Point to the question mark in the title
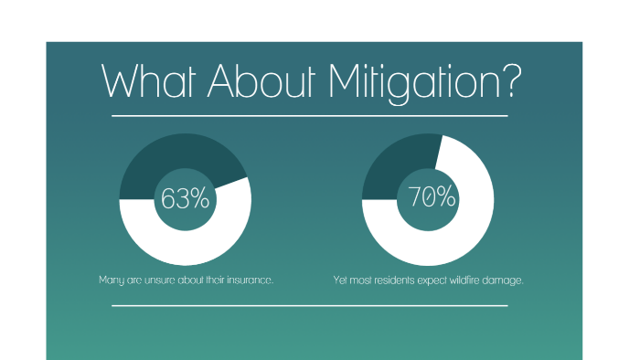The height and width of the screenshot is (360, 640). tap(508, 83)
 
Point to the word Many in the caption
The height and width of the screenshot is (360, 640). tap(110, 280)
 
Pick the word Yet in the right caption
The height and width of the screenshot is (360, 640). tap(340, 280)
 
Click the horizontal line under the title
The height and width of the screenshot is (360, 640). tap(309, 117)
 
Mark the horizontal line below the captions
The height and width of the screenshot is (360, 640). tap(309, 306)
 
